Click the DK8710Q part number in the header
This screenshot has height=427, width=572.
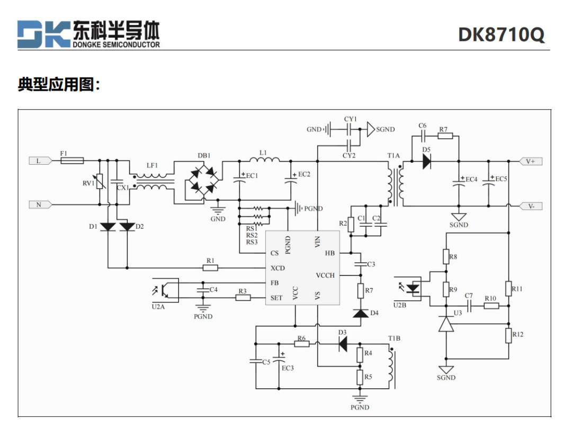click(501, 34)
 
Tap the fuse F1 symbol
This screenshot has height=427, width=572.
click(72, 160)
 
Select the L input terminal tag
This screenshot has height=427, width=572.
click(40, 161)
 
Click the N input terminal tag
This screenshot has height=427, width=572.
click(40, 204)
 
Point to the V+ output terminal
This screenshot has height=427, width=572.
click(531, 161)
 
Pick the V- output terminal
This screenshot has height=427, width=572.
click(531, 206)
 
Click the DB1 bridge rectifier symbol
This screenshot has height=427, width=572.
click(203, 179)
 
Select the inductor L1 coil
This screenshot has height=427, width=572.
click(264, 159)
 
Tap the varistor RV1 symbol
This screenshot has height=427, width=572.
click(100, 181)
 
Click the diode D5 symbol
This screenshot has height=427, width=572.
click(426, 161)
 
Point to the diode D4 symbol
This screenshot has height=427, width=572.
click(361, 313)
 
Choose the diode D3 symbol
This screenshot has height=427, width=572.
click(343, 344)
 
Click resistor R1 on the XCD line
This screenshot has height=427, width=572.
click(210, 268)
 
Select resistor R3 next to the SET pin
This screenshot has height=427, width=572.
click(243, 298)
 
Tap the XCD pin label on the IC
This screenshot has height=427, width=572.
click(278, 268)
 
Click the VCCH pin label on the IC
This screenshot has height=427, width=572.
click(325, 275)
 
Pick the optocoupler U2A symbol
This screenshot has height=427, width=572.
click(165, 290)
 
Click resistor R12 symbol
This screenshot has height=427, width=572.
click(508, 335)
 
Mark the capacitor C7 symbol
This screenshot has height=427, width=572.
click(469, 306)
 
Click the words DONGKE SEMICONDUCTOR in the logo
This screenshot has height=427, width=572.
click(116, 45)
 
